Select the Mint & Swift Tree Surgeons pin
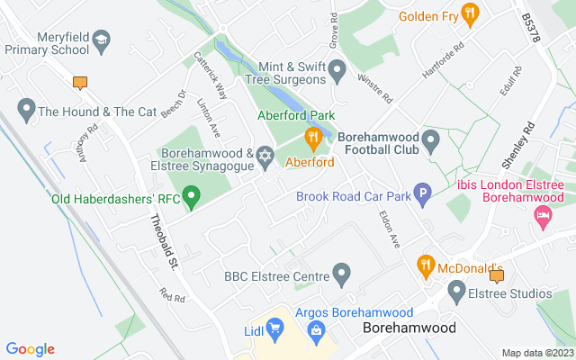[x=337, y=69]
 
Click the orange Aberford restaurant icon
[x=312, y=139]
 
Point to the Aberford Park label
[x=296, y=116]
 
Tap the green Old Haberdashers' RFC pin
[x=191, y=194]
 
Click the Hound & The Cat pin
[x=25, y=112]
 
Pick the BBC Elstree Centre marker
[x=341, y=272]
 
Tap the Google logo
[x=30, y=349]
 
